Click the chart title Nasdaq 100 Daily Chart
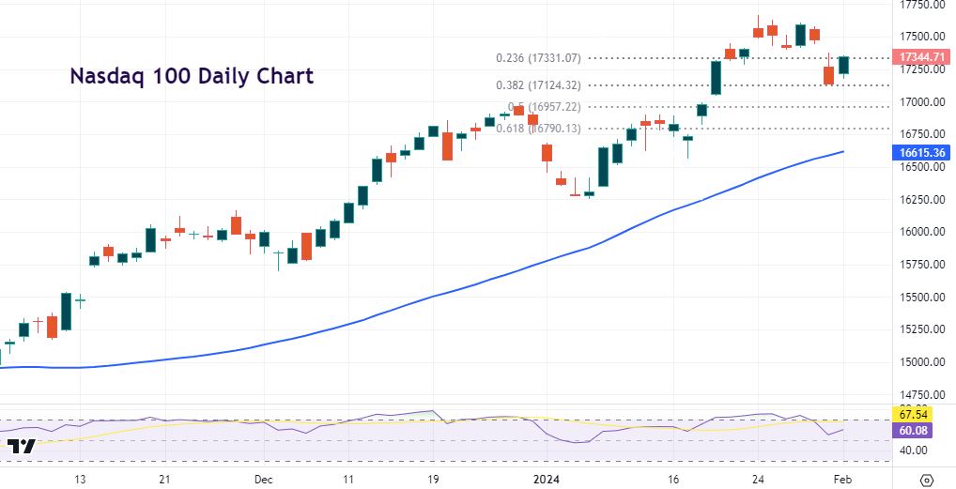coord(193,76)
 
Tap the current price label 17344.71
coord(921,58)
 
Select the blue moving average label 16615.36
coord(921,152)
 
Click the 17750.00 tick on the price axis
coord(921,5)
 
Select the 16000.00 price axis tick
coord(921,232)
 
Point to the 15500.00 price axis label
coord(921,298)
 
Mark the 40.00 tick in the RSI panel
coord(913,451)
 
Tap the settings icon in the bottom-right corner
coord(927,479)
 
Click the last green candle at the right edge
coord(843,65)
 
